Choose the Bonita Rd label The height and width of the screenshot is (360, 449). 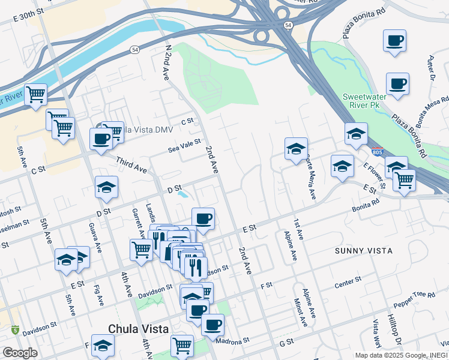366,203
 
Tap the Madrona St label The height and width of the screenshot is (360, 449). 233,340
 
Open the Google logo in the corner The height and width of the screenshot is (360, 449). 19,353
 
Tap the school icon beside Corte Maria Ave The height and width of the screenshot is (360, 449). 296,149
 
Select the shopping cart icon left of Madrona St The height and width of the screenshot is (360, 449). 181,346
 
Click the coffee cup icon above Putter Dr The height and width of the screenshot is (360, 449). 394,41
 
